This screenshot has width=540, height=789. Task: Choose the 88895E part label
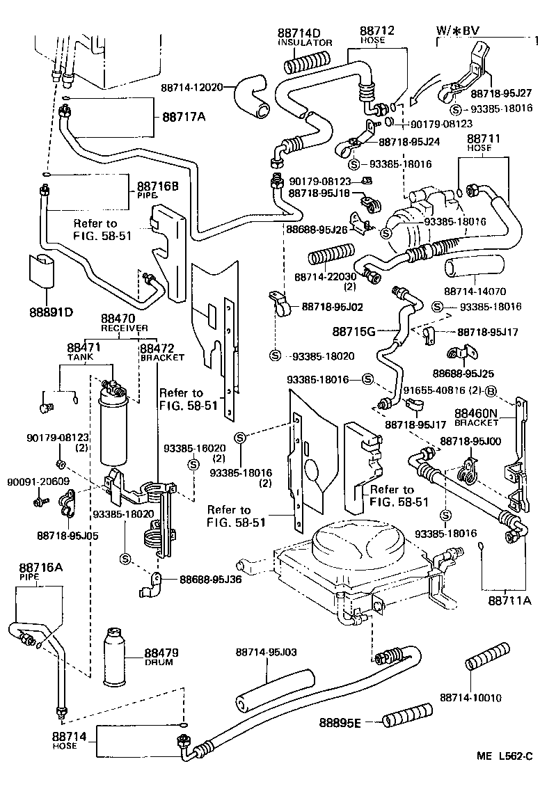point(340,723)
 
